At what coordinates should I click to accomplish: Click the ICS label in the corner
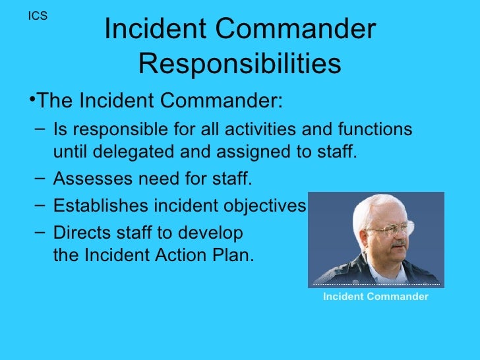[38, 16]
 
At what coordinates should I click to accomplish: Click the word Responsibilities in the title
[240, 64]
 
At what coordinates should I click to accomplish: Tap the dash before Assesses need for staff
[39, 178]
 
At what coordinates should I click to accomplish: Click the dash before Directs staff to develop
[39, 232]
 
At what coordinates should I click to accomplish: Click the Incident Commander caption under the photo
[375, 297]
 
